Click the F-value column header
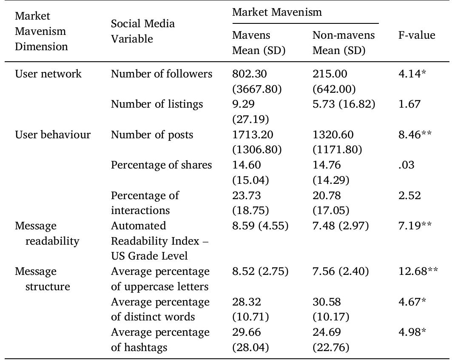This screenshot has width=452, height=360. point(416,35)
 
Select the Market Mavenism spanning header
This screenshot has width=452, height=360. point(277,12)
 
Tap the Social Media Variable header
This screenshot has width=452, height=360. point(143,31)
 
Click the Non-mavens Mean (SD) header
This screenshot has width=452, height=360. point(343,43)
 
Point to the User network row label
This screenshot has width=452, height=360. point(48,74)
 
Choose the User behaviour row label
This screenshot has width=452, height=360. point(53,135)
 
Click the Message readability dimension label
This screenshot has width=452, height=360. point(47,233)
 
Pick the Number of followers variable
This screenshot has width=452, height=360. point(162,74)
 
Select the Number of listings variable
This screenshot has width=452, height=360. point(157,104)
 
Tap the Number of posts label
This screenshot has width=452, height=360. point(152,135)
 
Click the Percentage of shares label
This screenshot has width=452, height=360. point(161,165)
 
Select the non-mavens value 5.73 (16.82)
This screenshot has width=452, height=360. point(344,104)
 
